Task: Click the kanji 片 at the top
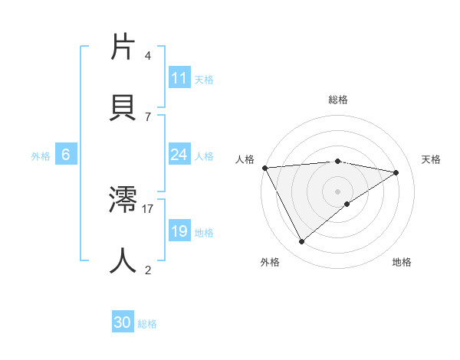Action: (123, 49)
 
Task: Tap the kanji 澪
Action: (123, 199)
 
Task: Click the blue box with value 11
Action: (179, 78)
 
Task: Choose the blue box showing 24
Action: (179, 155)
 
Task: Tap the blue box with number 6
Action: (66, 155)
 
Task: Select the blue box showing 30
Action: (123, 323)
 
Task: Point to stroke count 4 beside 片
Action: (148, 56)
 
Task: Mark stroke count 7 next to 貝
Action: (148, 116)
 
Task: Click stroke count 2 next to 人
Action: (148, 270)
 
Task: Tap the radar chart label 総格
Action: (338, 100)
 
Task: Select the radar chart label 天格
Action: (432, 159)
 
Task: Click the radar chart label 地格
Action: (402, 262)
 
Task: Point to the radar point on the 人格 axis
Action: (264, 168)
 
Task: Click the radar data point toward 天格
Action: (396, 172)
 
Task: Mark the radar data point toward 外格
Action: (301, 242)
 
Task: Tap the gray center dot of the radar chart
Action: (338, 191)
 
